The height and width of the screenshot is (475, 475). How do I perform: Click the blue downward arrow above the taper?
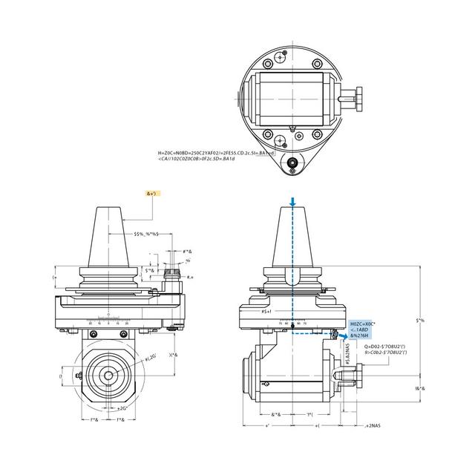pyautogui.click(x=294, y=202)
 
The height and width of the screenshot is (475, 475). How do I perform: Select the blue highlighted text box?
pyautogui.click(x=364, y=330)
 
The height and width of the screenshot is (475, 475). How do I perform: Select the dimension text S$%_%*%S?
pyautogui.click(x=147, y=235)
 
